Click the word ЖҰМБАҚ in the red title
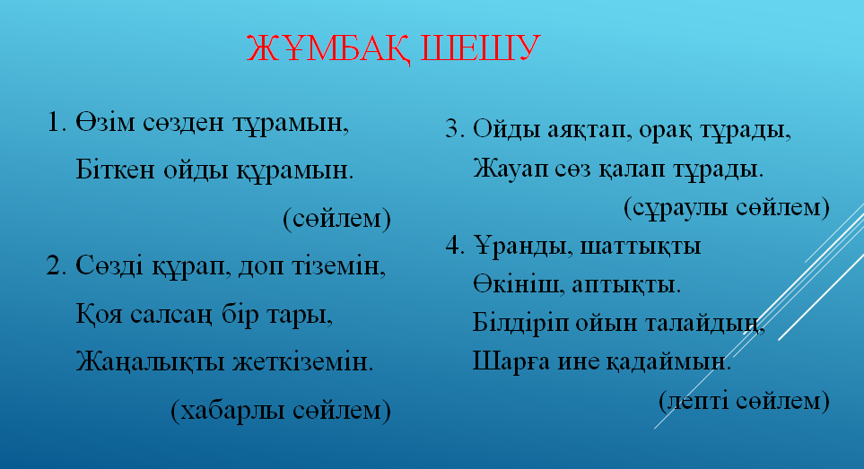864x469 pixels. click(x=328, y=48)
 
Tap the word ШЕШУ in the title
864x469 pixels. click(x=480, y=48)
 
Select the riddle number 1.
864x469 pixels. click(x=57, y=122)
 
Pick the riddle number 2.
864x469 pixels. click(x=57, y=265)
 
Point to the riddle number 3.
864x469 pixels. click(x=455, y=129)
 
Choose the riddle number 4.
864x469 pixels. click(x=455, y=245)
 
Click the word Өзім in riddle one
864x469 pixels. click(x=105, y=122)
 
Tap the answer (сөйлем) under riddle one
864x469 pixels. click(x=336, y=219)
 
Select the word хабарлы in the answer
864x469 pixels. click(x=231, y=410)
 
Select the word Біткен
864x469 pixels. click(x=115, y=169)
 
